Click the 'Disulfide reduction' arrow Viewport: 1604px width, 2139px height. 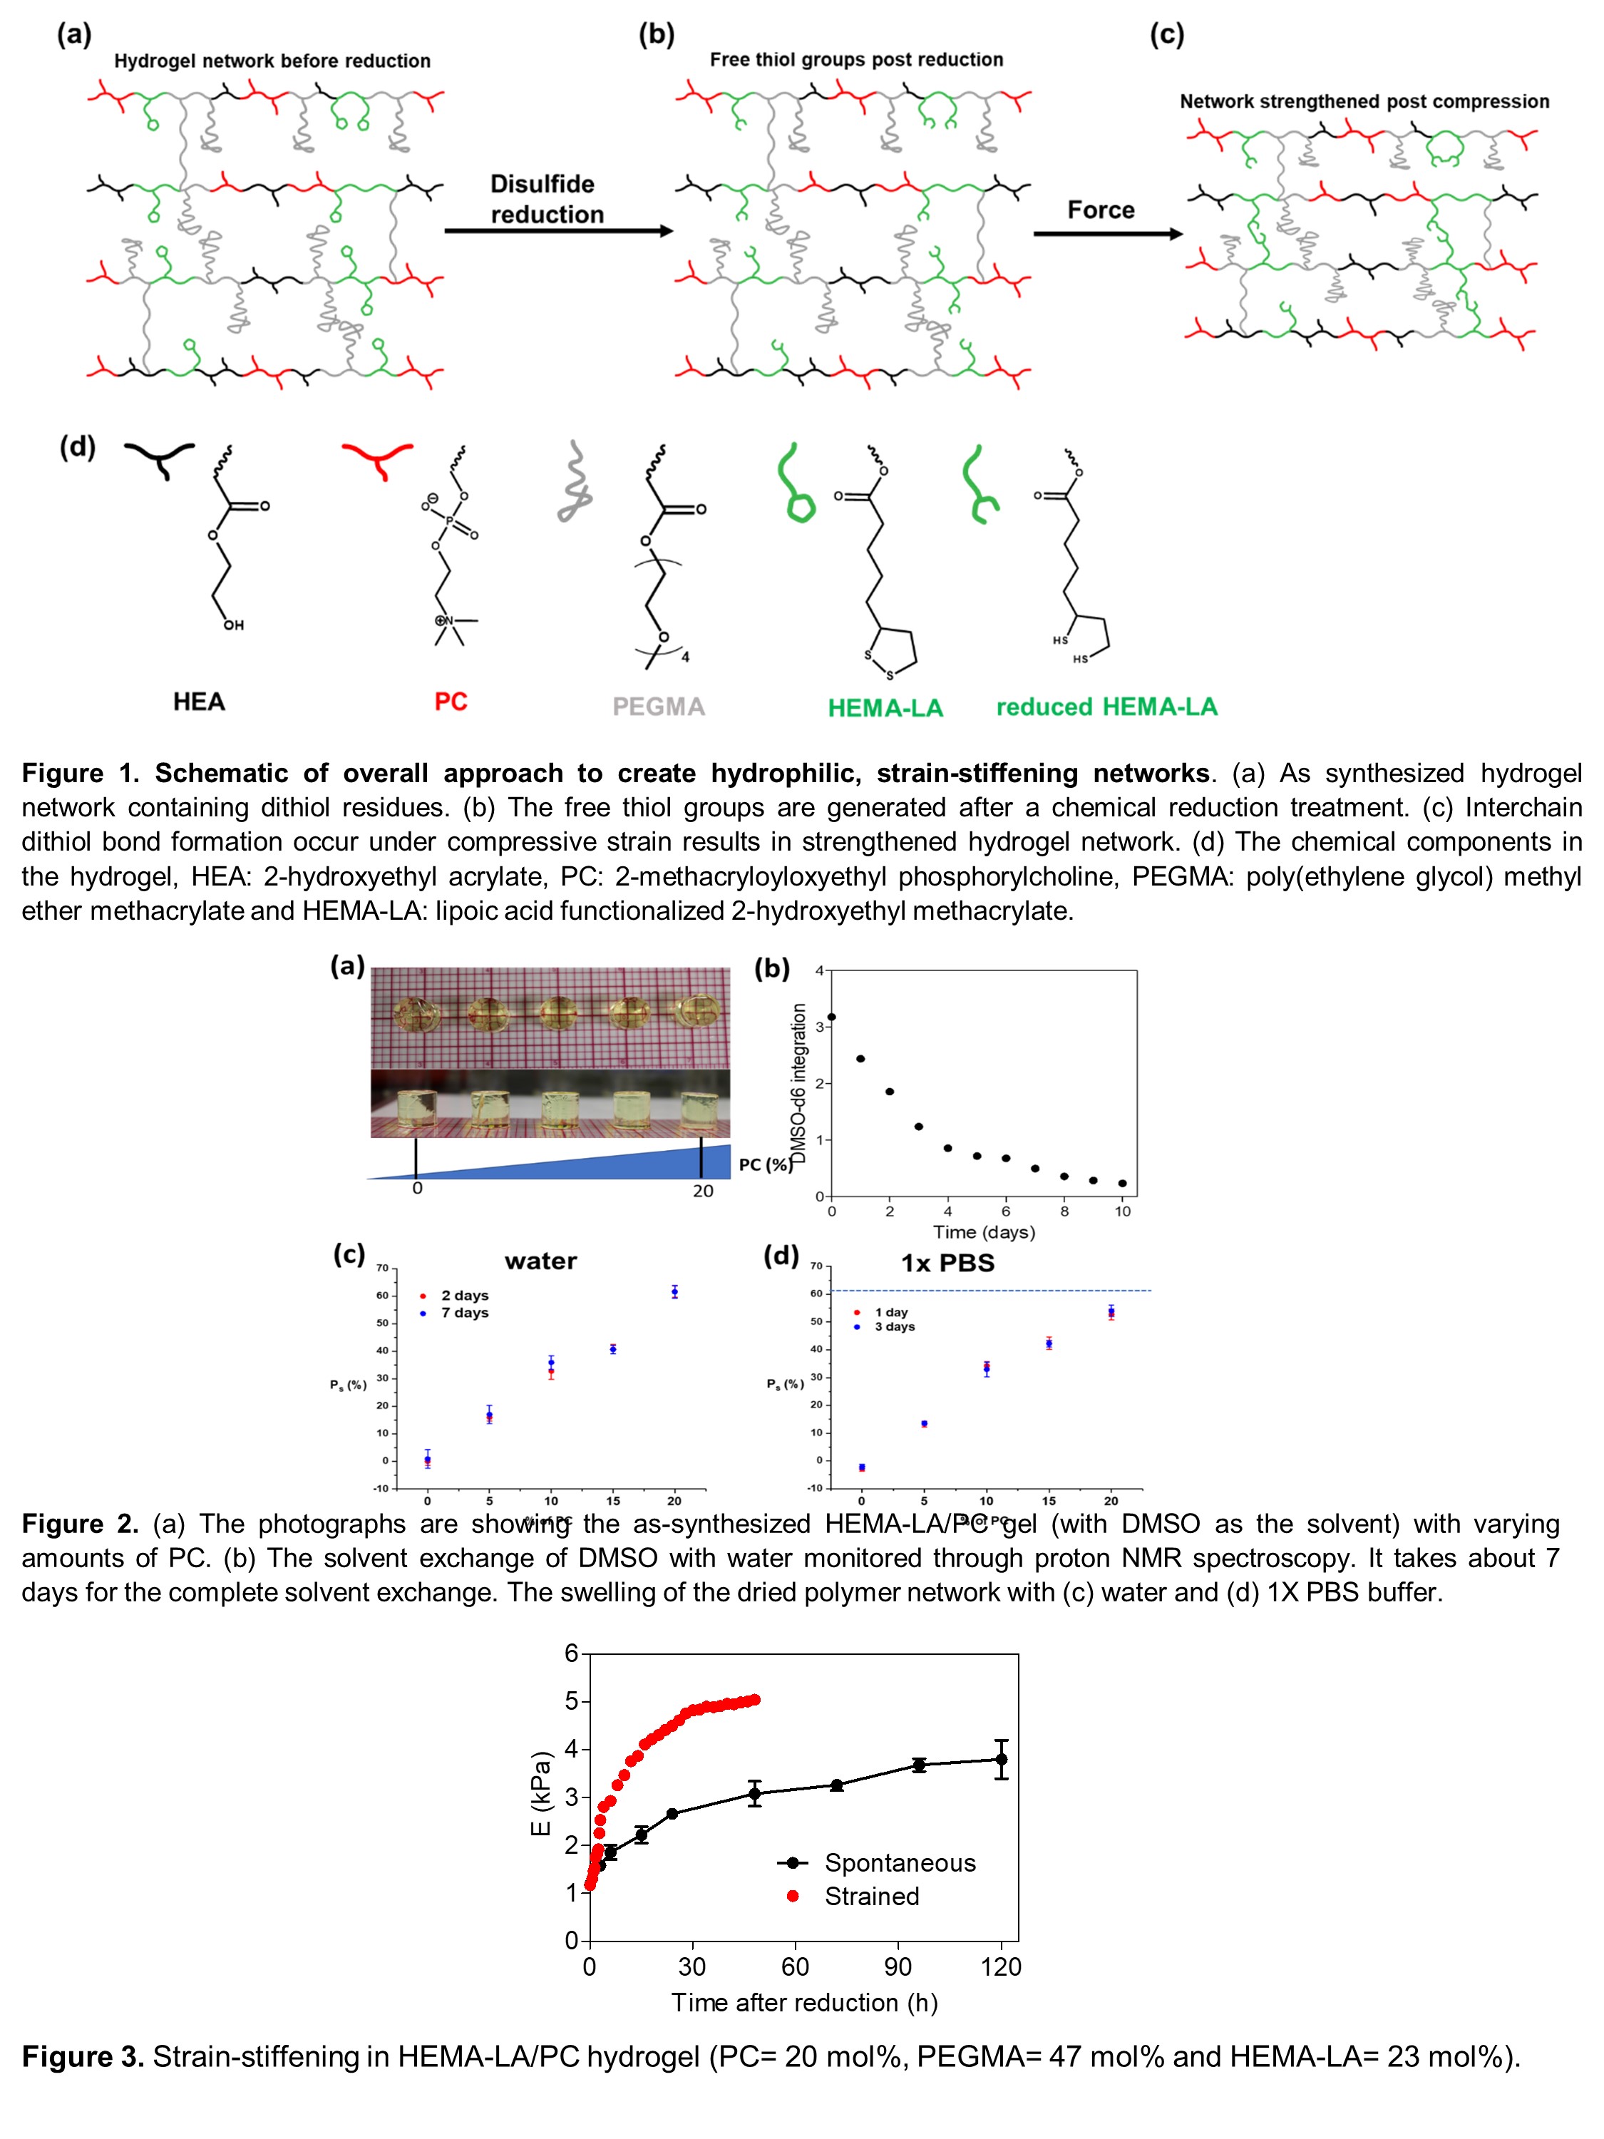point(558,231)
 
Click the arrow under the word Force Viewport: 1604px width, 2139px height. point(1107,233)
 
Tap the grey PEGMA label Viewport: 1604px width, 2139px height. point(659,707)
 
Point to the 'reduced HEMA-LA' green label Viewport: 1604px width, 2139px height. point(1106,707)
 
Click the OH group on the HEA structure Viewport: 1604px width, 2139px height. point(234,625)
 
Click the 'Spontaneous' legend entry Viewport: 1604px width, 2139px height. point(899,1862)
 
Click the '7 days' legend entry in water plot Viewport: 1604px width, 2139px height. point(464,1312)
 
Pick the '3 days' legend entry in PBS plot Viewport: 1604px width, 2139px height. point(895,1327)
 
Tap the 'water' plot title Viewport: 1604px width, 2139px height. point(540,1261)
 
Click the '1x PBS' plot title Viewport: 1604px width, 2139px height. point(947,1263)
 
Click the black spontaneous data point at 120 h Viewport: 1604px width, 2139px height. point(1002,1759)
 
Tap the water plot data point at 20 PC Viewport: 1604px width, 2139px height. point(674,1292)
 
